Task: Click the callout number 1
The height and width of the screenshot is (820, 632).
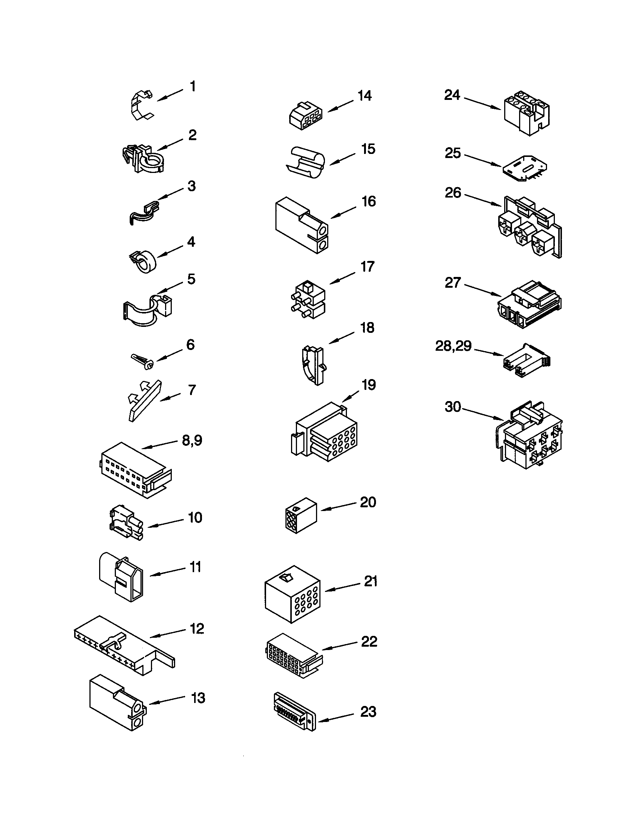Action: (x=193, y=87)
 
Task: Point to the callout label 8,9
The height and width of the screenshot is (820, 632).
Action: (x=192, y=440)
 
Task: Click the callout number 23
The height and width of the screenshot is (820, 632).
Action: (x=368, y=712)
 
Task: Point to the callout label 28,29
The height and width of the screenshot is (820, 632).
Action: (x=453, y=346)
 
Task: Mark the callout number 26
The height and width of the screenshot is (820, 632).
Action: (x=453, y=193)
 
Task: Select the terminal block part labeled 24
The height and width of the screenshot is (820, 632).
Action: (x=526, y=112)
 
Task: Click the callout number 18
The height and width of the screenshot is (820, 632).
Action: (x=367, y=328)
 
